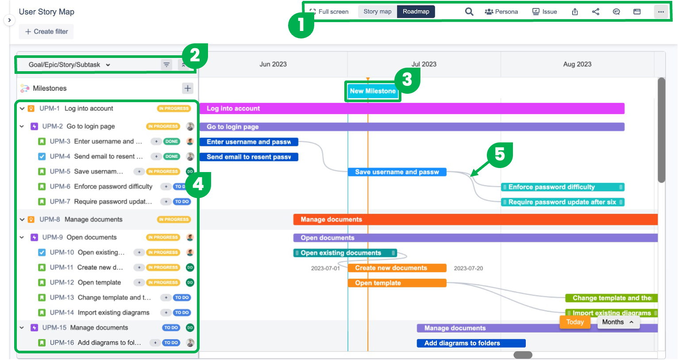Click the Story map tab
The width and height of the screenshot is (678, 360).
[x=377, y=11]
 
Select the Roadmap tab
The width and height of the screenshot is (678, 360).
[x=416, y=11]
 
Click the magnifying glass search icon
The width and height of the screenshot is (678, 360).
[x=469, y=11]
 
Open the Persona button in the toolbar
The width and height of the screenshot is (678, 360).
[x=501, y=11]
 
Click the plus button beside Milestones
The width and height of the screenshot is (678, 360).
[x=188, y=88]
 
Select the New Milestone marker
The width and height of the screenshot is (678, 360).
[x=373, y=91]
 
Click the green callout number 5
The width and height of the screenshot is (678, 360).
[x=500, y=155]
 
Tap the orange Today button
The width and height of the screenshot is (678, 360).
[x=575, y=322]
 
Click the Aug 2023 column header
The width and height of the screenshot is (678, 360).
[x=577, y=64]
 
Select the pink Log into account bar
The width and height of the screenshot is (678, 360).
[x=412, y=108]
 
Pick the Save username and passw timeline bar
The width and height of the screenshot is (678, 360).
[x=397, y=172]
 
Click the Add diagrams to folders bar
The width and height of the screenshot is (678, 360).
[x=471, y=343]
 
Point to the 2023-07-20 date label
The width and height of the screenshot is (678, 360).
[x=468, y=268]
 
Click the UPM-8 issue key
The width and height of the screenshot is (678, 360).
[x=50, y=219]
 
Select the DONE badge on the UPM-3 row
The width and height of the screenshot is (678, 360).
[x=172, y=142]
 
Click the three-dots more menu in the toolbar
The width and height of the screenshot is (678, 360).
[x=661, y=11]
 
